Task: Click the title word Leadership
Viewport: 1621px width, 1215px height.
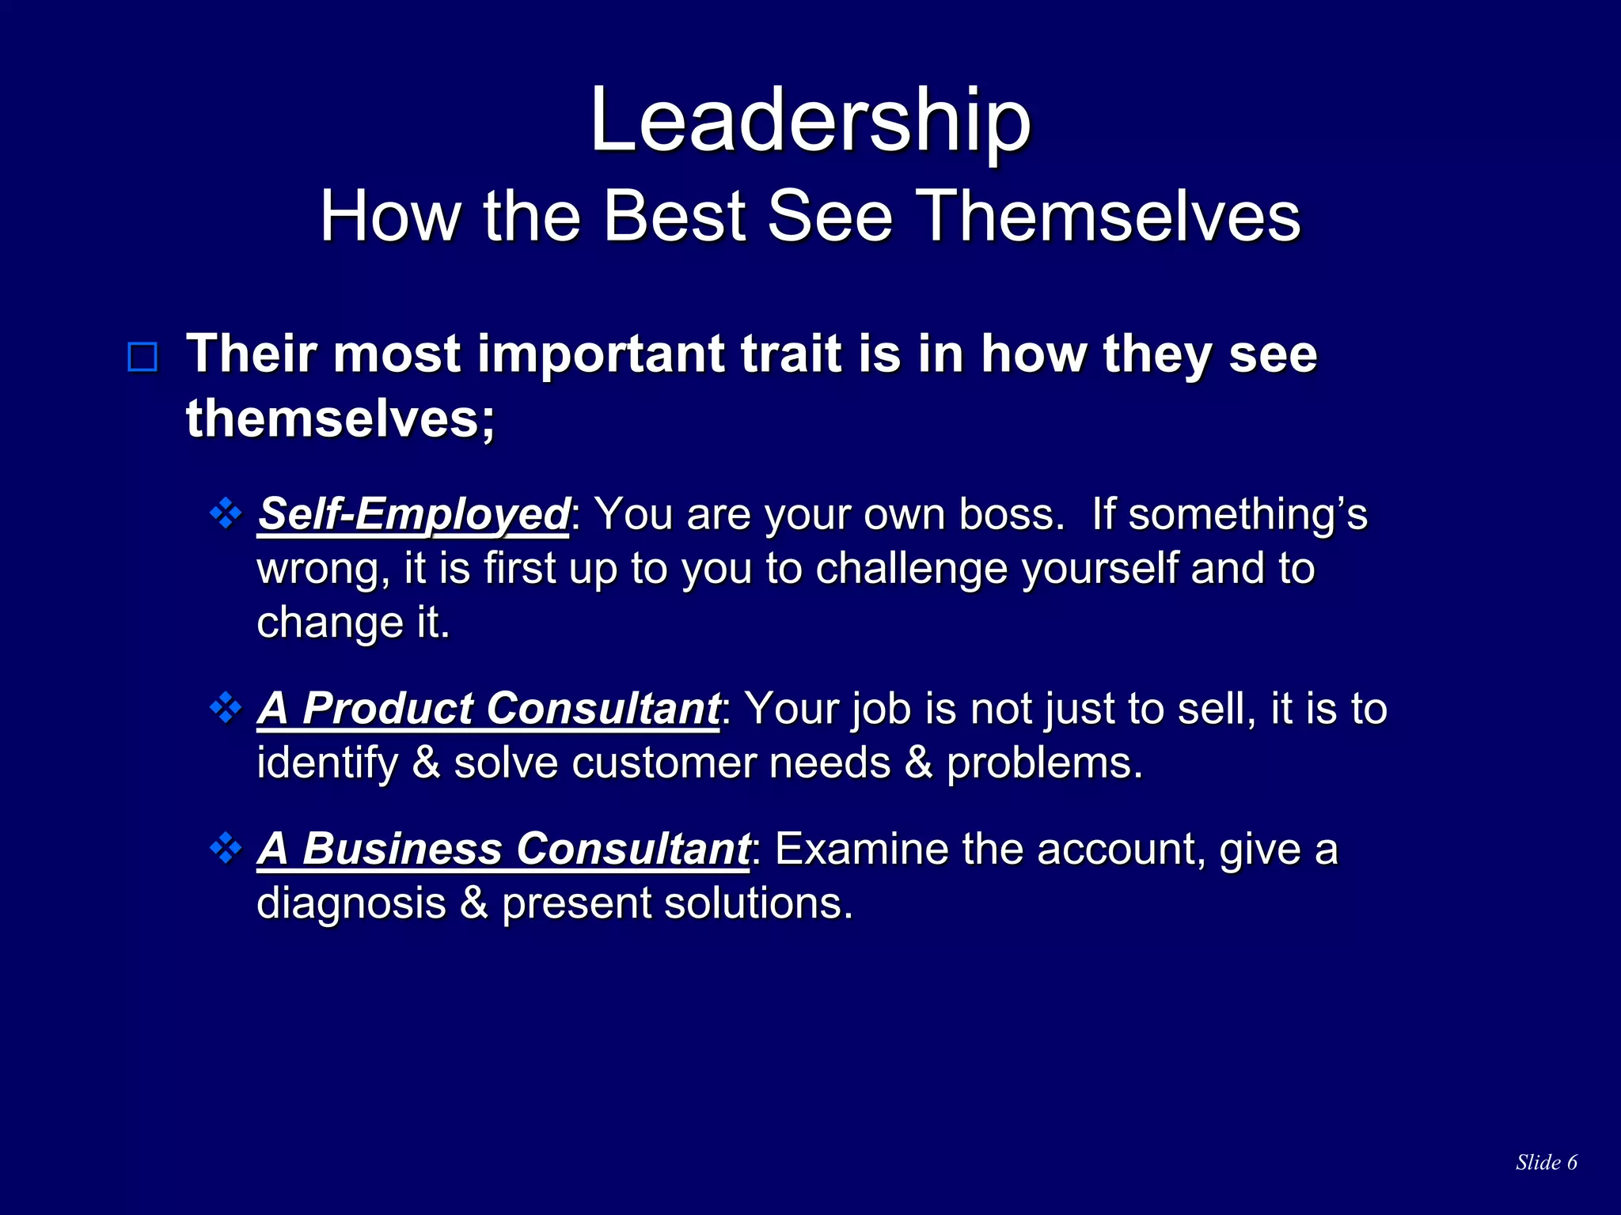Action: (810, 120)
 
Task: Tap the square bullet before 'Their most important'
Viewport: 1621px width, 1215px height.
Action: (142, 358)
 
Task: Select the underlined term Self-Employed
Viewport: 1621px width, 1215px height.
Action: (413, 514)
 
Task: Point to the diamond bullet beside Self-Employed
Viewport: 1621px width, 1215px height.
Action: (226, 513)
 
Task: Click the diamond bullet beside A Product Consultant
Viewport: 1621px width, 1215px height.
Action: (226, 707)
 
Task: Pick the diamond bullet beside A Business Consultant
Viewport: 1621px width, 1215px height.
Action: (226, 848)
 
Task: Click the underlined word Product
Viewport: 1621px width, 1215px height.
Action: (387, 708)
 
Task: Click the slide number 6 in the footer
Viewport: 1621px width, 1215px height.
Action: (1571, 1162)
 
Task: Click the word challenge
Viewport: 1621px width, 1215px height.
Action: (911, 569)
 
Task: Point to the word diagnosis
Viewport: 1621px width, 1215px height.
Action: (351, 903)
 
